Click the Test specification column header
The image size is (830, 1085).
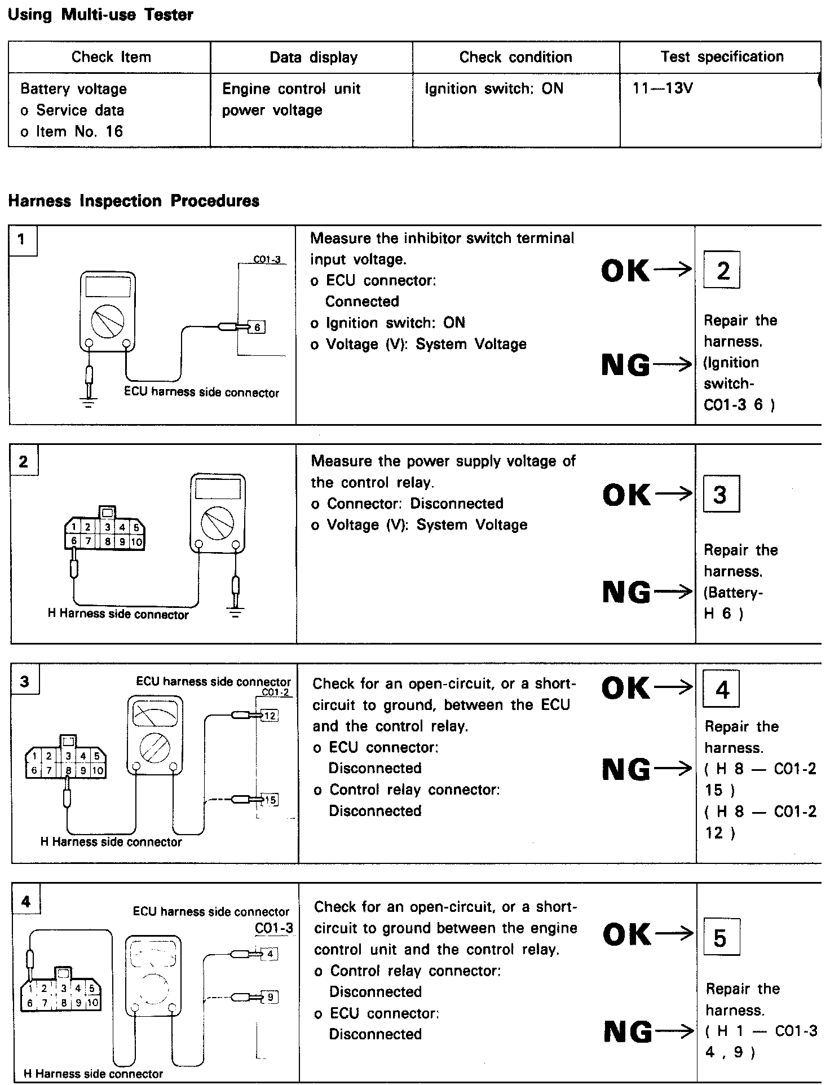tap(722, 57)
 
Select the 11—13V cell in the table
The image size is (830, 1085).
tap(663, 89)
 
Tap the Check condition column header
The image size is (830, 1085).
tap(515, 57)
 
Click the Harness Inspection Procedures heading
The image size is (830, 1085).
tap(134, 201)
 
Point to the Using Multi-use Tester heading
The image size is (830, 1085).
tap(100, 15)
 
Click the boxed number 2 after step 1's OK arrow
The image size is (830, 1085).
tap(722, 271)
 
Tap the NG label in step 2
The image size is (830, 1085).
tap(626, 592)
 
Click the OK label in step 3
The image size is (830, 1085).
tap(626, 688)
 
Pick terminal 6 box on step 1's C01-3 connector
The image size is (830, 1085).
tap(257, 327)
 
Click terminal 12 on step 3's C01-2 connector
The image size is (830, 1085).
tap(271, 716)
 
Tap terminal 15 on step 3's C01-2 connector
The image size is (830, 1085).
tap(271, 800)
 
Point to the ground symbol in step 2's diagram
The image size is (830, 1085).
tap(236, 611)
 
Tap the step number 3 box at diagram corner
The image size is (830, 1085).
tap(25, 682)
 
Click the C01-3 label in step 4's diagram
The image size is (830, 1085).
tap(273, 928)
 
